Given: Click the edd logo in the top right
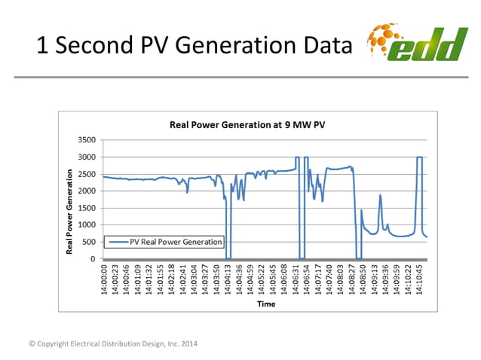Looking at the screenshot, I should click(416, 43).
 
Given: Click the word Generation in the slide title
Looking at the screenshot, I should click(227, 46).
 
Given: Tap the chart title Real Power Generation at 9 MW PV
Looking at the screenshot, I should click(247, 124).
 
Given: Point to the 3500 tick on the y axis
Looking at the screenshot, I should click(87, 140).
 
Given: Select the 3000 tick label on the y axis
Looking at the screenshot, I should click(87, 157).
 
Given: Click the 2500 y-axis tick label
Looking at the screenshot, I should click(87, 174).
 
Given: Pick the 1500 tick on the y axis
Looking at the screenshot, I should click(87, 208).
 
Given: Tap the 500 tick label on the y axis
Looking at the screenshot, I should click(89, 242).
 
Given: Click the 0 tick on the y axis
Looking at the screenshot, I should click(93, 258).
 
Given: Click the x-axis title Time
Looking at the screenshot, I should click(266, 304).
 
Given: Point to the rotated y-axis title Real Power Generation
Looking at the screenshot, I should click(70, 211).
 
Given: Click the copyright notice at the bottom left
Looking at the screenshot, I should click(113, 344).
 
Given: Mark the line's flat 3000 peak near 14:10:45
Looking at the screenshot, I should click(419, 157).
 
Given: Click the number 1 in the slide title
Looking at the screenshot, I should click(42, 46).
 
